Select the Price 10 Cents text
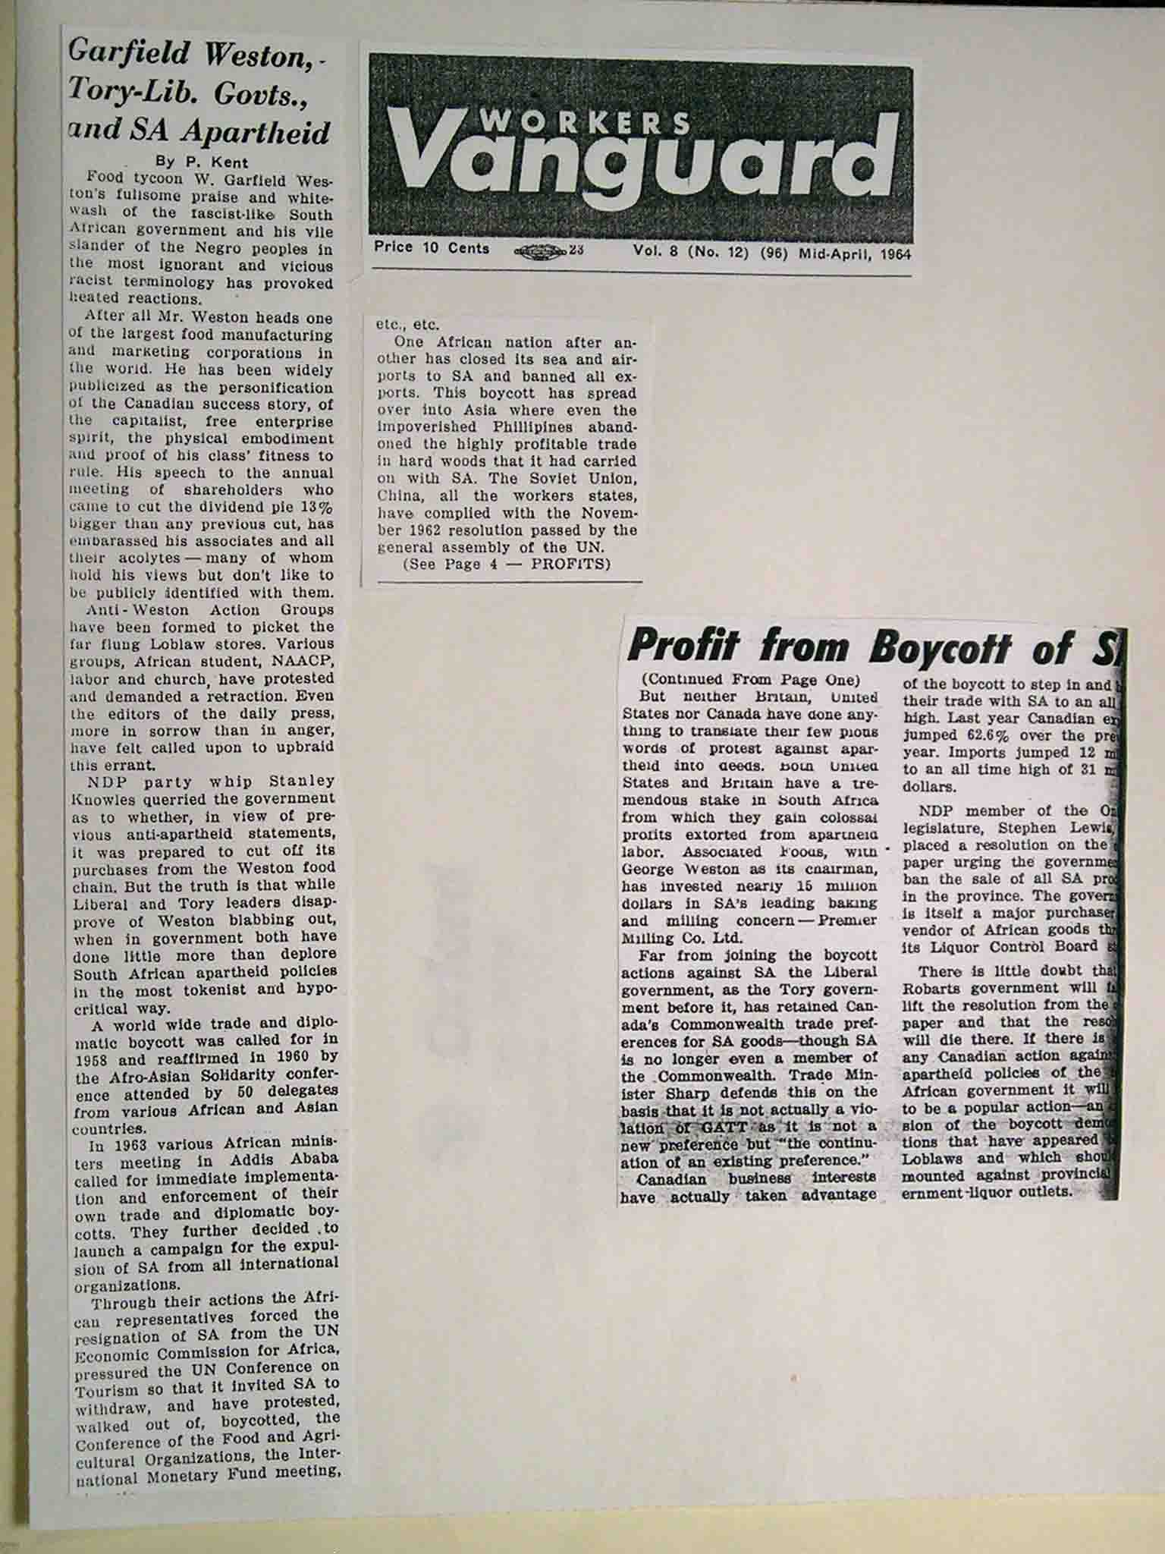click(x=431, y=249)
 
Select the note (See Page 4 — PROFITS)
click(x=506, y=564)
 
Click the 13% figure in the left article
click(x=318, y=508)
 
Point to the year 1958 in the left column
click(x=90, y=1057)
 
